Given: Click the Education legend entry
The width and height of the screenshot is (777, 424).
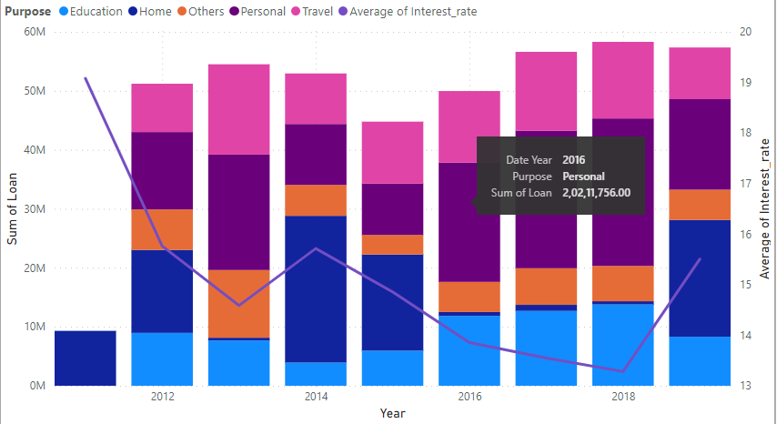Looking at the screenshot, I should [x=89, y=12].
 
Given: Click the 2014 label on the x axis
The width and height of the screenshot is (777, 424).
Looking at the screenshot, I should [x=316, y=398].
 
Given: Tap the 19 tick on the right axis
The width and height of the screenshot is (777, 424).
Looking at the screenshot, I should [x=745, y=82].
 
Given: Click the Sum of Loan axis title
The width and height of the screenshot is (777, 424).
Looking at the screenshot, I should [x=13, y=209].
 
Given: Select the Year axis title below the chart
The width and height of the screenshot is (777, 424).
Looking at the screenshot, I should [x=393, y=414].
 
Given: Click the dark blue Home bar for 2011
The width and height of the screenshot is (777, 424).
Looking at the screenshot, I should [x=86, y=358].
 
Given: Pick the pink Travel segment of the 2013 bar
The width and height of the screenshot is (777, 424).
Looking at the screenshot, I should [x=238, y=109].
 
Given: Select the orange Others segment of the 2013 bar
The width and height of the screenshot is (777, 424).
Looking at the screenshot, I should [x=238, y=304].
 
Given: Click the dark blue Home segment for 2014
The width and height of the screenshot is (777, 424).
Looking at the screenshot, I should [x=316, y=288].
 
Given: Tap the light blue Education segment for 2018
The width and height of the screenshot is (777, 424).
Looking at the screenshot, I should [x=623, y=345].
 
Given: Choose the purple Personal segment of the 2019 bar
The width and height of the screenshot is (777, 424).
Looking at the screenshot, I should [x=700, y=144].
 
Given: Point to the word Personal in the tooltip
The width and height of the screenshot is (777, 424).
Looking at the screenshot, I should [x=583, y=176].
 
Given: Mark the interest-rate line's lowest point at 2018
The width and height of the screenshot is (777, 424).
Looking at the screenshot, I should [x=623, y=371].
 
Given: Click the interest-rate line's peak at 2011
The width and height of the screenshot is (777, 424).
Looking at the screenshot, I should [x=86, y=78].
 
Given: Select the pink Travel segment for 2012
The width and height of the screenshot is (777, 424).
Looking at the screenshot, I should [x=162, y=107].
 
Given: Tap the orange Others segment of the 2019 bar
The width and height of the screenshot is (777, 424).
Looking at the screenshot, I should [x=700, y=205].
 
